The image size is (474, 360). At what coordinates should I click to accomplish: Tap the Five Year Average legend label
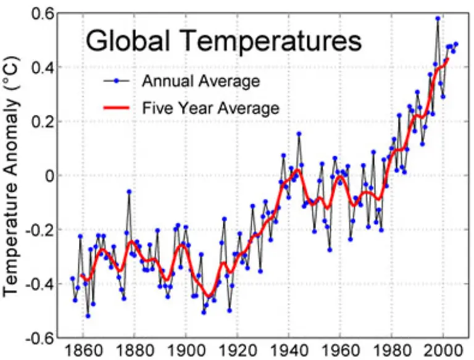tap(210, 109)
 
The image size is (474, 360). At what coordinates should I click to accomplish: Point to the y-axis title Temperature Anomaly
tap(13, 176)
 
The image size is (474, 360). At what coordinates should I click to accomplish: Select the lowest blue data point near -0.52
tap(88, 316)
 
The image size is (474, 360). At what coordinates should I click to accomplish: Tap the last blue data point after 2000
tap(455, 44)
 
